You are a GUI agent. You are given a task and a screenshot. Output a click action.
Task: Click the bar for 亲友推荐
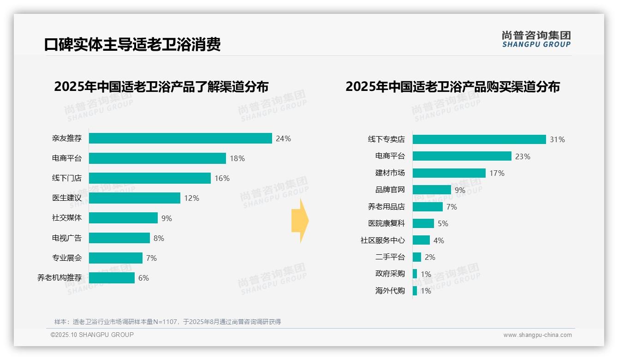(180, 138)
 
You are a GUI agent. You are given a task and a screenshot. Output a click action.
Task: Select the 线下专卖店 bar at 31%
(479, 139)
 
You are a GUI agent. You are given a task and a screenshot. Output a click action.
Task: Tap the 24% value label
(283, 138)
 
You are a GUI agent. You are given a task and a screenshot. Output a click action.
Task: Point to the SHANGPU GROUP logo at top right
(536, 39)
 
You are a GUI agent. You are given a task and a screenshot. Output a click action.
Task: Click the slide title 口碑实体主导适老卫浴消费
(132, 45)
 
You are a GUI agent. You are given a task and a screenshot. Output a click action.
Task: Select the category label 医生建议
(67, 198)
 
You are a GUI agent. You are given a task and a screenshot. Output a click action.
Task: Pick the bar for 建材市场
(449, 173)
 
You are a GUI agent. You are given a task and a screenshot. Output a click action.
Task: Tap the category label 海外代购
(390, 291)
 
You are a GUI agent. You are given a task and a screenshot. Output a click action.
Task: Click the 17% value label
(497, 173)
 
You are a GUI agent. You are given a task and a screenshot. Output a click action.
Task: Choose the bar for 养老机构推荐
(112, 278)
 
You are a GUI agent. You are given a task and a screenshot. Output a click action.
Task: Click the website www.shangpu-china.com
(537, 335)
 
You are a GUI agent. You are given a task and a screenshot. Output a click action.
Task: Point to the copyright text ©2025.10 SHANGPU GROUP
(92, 335)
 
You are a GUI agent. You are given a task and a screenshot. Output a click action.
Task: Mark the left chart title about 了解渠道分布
(161, 87)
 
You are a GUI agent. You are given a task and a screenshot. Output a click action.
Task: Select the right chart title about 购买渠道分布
(452, 87)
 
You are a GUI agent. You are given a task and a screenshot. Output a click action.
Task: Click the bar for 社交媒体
(123, 218)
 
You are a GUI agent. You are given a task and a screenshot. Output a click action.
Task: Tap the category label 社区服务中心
(383, 240)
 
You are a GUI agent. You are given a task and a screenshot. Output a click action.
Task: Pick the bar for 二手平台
(416, 257)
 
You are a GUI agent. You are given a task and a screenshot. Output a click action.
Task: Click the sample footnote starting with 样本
(167, 322)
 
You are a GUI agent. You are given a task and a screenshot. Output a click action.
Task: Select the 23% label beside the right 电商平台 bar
(523, 156)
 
